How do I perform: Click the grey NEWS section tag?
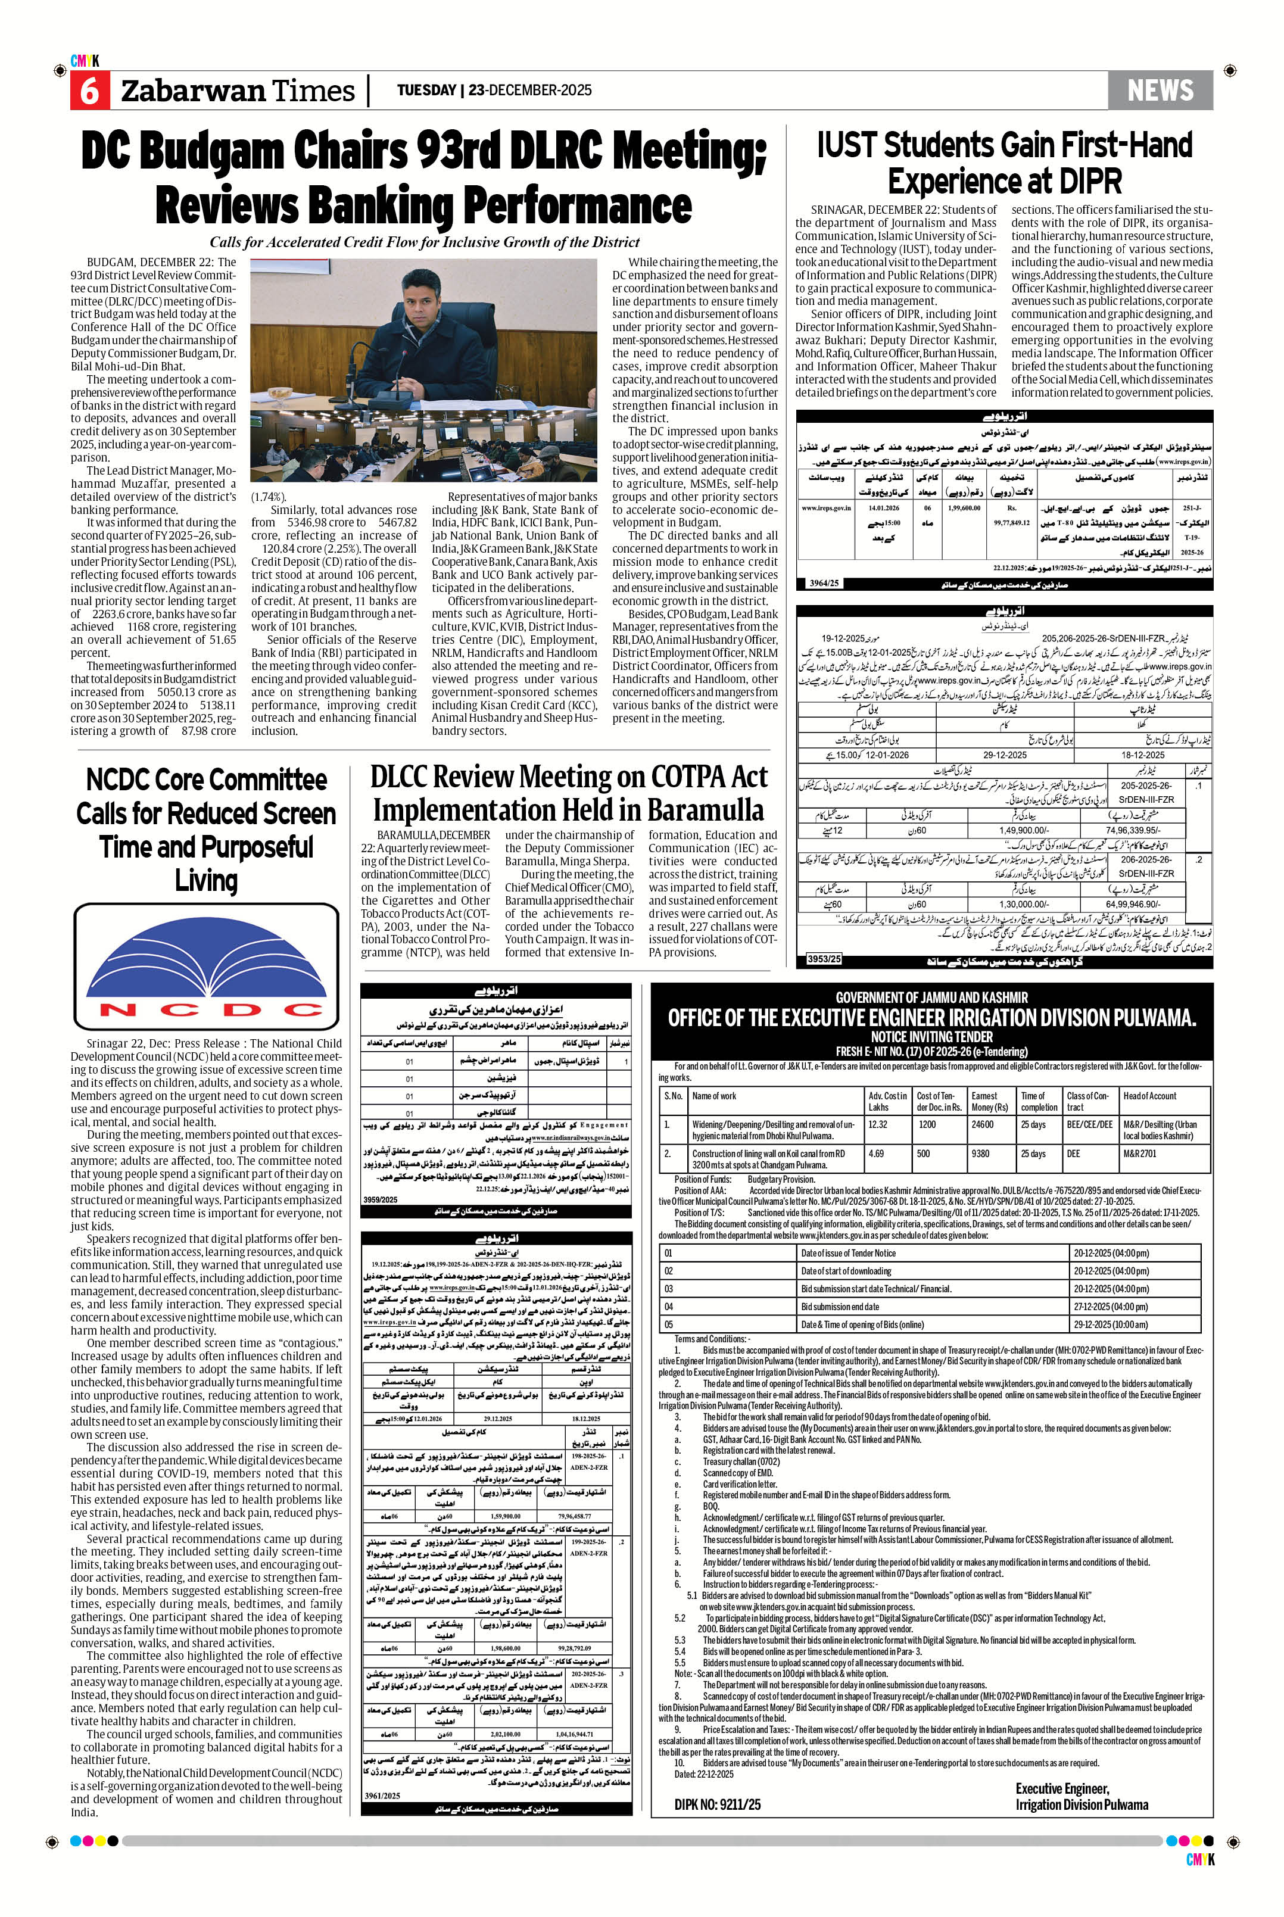[1160, 90]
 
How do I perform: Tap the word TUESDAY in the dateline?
[426, 90]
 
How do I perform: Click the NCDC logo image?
[206, 967]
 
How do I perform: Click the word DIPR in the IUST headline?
[1087, 181]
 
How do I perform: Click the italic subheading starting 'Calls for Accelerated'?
[424, 242]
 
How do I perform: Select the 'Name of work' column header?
[714, 1096]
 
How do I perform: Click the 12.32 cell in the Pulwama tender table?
[877, 1125]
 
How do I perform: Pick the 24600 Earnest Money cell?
[982, 1125]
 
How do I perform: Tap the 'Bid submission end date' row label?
[840, 1307]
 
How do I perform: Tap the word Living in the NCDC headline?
[206, 881]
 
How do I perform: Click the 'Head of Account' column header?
[1149, 1096]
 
